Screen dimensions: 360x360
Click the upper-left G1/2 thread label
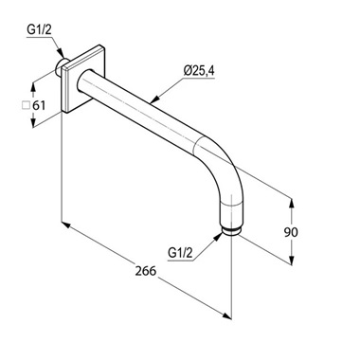[39, 29]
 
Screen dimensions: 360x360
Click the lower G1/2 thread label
[180, 253]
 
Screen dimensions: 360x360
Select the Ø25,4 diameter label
[199, 70]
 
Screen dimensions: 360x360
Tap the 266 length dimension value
[146, 271]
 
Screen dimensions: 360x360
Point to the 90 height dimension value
[291, 232]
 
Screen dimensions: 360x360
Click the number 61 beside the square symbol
[39, 105]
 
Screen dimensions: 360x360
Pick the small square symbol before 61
[26, 105]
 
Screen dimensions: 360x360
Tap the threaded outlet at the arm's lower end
[232, 231]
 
